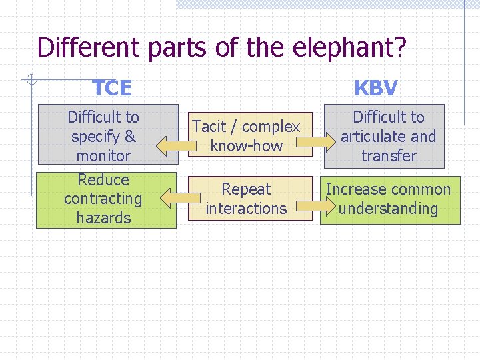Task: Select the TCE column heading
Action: click(x=112, y=87)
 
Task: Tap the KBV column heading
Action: click(x=376, y=87)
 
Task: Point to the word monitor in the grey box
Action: click(x=103, y=155)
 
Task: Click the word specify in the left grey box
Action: click(x=94, y=137)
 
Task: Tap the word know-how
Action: click(x=246, y=145)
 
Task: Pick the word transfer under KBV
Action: click(x=389, y=155)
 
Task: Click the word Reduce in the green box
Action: click(x=103, y=179)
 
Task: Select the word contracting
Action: click(x=103, y=198)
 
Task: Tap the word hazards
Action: click(x=103, y=217)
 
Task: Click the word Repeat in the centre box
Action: click(x=246, y=189)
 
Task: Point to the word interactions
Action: click(x=246, y=208)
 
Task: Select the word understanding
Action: click(x=389, y=208)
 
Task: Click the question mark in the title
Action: click(x=400, y=48)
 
